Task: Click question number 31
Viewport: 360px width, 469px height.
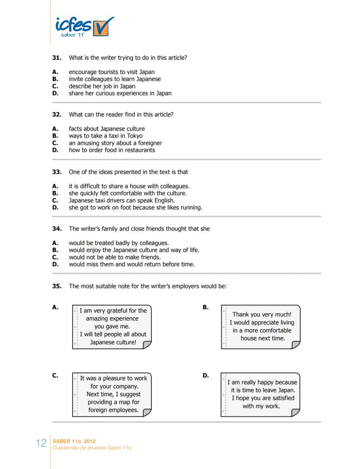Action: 57,57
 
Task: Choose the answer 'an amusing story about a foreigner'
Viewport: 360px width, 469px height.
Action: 115,143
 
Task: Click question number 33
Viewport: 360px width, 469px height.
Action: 57,172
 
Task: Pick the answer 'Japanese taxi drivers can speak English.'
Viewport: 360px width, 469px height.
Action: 122,201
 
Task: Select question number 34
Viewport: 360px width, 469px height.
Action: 57,228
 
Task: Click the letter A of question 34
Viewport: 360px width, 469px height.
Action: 55,243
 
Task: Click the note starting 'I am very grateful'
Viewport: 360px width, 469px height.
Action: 112,326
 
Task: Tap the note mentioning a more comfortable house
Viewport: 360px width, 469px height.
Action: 261,326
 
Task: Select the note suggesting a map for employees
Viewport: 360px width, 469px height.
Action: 112,394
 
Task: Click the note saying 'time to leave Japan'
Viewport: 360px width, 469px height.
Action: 261,394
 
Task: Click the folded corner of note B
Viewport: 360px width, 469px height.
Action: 296,345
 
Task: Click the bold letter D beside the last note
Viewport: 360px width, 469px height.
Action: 206,375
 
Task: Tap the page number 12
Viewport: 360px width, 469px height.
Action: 41,443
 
